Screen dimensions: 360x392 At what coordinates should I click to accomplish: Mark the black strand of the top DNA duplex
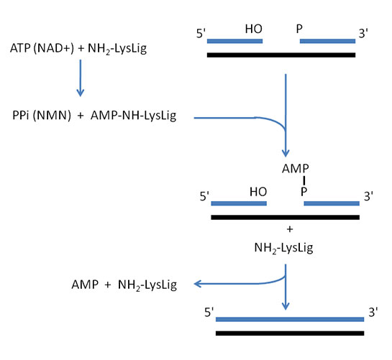281,54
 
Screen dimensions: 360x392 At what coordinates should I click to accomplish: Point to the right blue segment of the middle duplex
332,203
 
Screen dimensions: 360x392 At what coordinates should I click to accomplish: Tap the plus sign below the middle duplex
289,229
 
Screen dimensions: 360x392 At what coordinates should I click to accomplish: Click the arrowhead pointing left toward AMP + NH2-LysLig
199,284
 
